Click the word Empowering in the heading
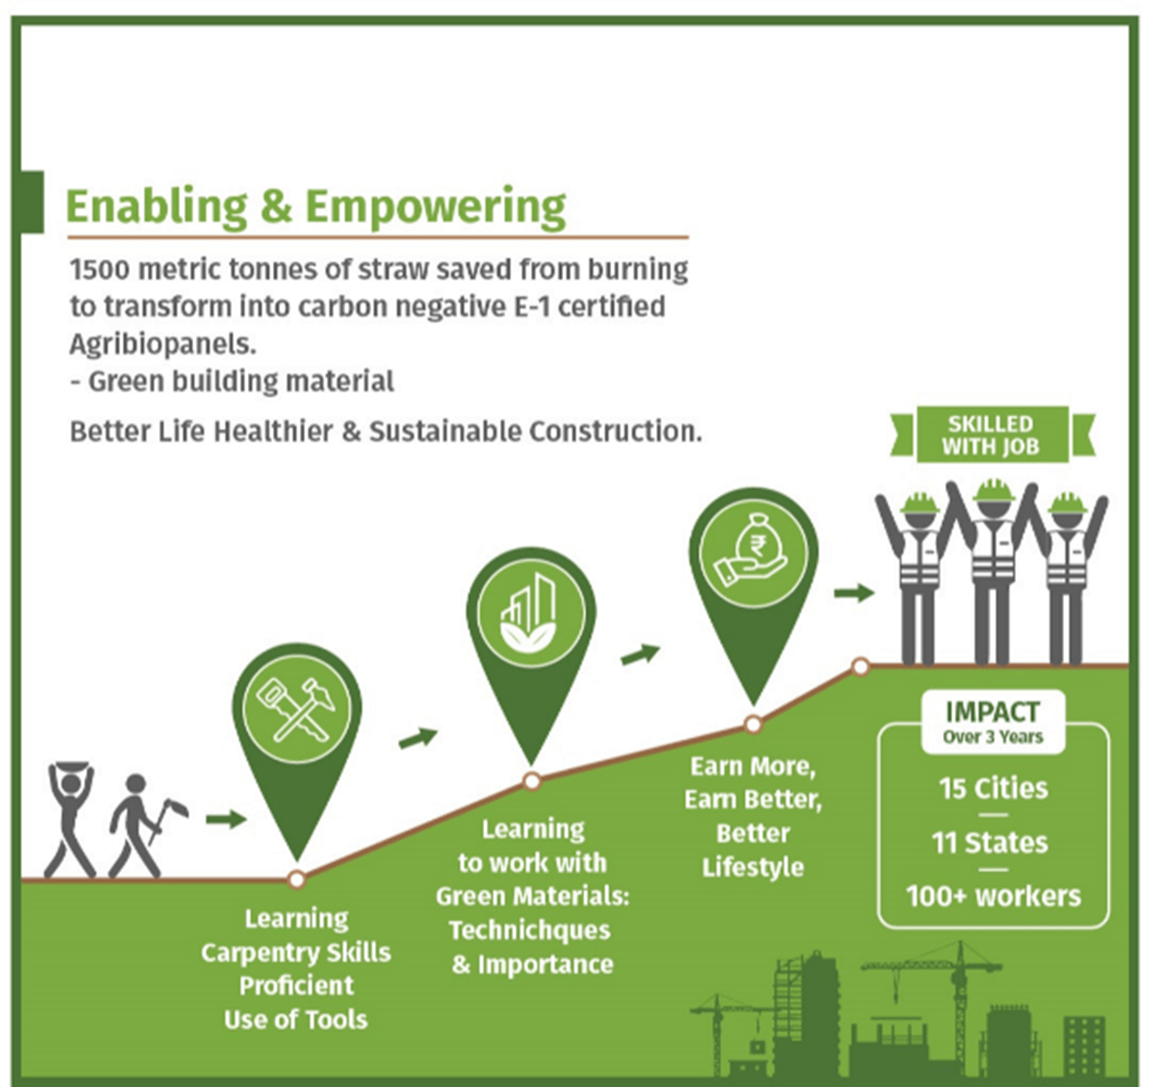click(435, 207)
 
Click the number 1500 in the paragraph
click(100, 270)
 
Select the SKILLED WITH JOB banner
click(992, 435)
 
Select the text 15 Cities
click(992, 789)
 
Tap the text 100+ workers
click(993, 896)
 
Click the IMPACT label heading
click(992, 712)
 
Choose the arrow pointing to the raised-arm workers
click(854, 593)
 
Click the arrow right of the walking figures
click(225, 819)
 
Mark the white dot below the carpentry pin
click(296, 879)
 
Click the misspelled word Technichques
click(530, 931)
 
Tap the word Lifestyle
click(753, 868)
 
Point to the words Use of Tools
click(295, 1020)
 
